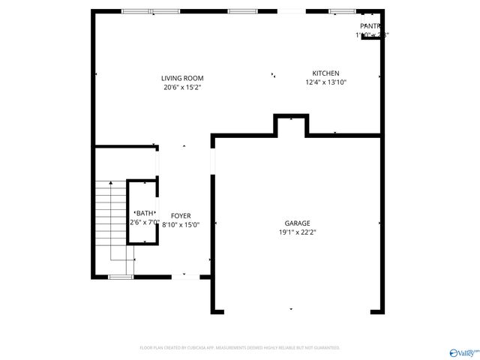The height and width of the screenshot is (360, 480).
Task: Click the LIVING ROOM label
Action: tap(182, 78)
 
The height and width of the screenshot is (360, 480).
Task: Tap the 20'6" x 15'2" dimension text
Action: tap(182, 87)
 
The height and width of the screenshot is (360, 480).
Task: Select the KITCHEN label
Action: tap(325, 73)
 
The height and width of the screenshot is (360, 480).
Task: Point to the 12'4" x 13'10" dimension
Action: tap(325, 82)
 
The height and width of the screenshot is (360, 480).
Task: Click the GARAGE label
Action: tap(297, 223)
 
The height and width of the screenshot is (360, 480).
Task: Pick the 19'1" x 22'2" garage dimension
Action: tap(297, 232)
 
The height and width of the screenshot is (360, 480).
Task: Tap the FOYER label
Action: tap(181, 216)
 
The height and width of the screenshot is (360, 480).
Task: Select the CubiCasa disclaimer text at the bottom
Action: tap(240, 348)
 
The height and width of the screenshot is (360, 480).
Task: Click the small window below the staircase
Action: tap(119, 277)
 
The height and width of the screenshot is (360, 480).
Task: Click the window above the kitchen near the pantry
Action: tap(341, 11)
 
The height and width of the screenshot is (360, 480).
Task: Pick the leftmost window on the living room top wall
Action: tap(136, 11)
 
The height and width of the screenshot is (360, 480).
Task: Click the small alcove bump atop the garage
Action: tap(291, 124)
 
